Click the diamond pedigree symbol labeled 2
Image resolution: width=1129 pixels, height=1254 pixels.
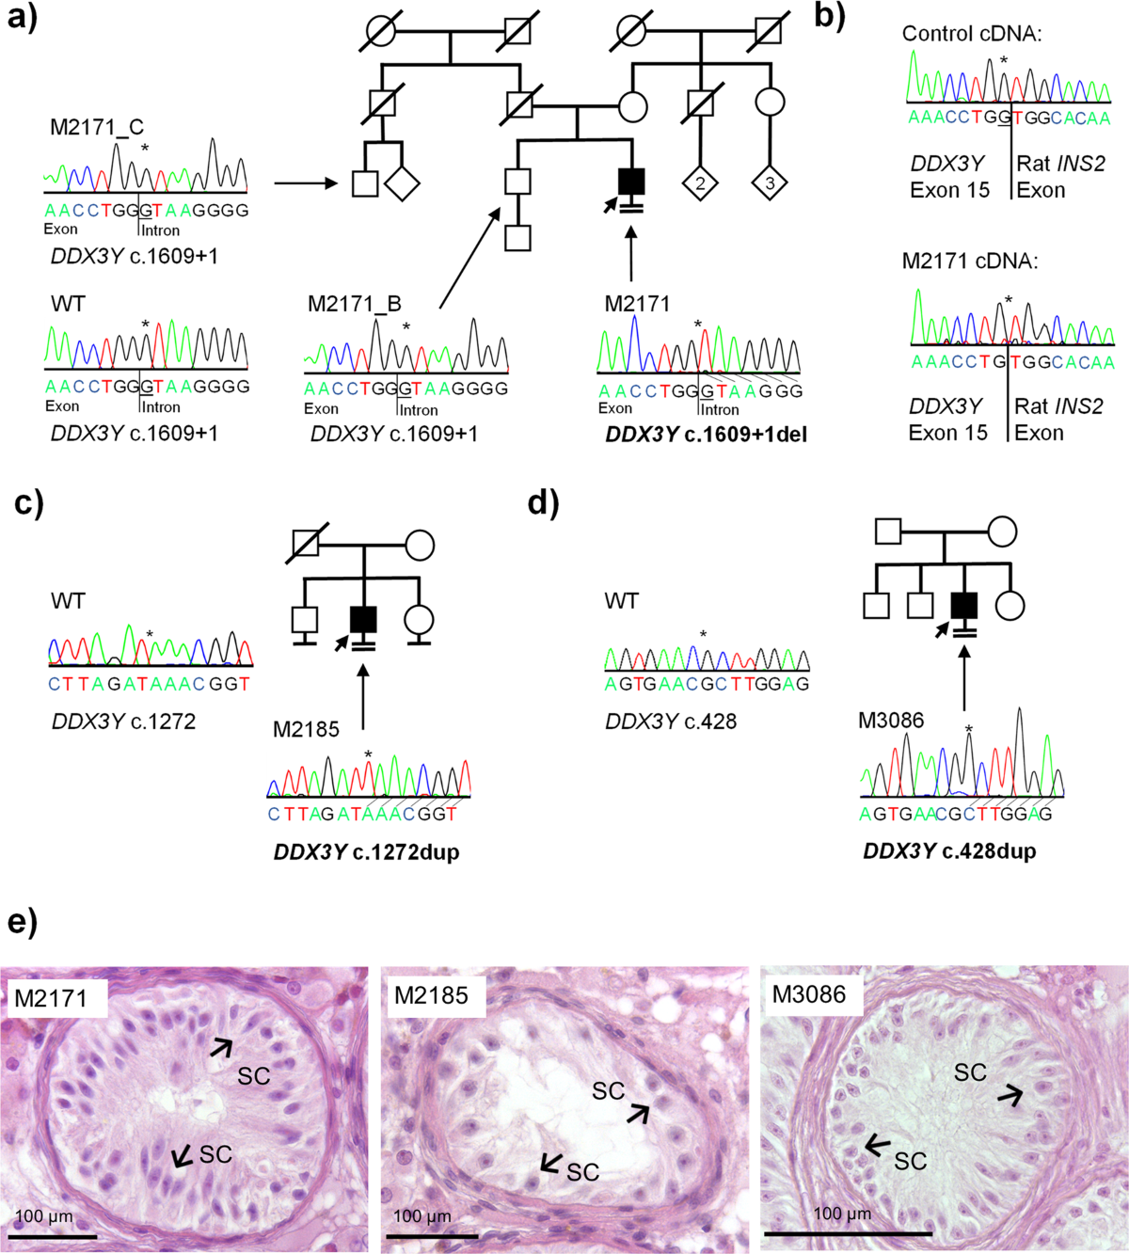click(x=700, y=183)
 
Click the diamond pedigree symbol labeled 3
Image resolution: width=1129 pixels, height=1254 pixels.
click(x=770, y=183)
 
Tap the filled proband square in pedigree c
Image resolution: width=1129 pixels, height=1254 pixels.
click(x=363, y=619)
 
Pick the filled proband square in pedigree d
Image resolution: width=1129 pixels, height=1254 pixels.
click(x=964, y=605)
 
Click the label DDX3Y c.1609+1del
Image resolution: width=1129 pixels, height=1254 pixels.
click(x=706, y=435)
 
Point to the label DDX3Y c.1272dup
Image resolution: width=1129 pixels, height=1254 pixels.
click(x=366, y=852)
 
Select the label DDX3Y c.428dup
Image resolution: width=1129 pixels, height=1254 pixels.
click(x=949, y=851)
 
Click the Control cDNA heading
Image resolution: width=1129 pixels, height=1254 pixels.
click(x=972, y=34)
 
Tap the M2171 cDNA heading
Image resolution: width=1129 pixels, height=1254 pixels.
click(x=969, y=262)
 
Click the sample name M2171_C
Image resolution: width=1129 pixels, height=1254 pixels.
click(x=97, y=127)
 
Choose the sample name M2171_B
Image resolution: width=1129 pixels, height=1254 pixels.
click(x=355, y=304)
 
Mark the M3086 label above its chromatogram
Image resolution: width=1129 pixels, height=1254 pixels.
click(x=891, y=721)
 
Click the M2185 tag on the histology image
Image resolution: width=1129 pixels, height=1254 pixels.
click(x=431, y=995)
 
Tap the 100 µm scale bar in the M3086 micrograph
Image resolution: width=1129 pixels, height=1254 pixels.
click(x=848, y=1232)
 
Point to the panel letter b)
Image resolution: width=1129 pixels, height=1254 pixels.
click(x=829, y=16)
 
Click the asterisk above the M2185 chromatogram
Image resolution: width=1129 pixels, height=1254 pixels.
click(x=369, y=754)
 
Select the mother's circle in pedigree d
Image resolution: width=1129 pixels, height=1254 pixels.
click(x=1002, y=532)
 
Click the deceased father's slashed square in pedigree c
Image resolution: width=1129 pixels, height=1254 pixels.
click(x=306, y=544)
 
